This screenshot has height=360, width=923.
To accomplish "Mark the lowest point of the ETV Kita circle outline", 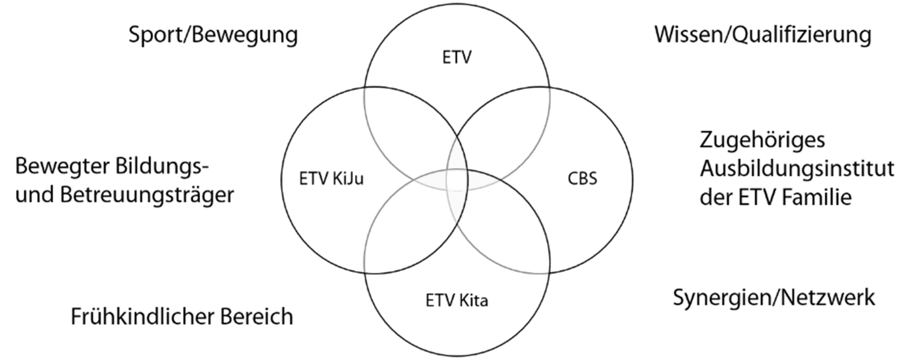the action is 457,357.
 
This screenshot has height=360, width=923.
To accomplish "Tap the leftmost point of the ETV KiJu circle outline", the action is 282,180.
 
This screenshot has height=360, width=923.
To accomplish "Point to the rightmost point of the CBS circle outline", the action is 633,180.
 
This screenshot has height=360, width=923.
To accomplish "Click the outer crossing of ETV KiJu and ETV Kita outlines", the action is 365,272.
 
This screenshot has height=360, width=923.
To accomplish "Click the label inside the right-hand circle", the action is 582,179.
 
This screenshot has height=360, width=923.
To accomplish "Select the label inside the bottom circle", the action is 457,301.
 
